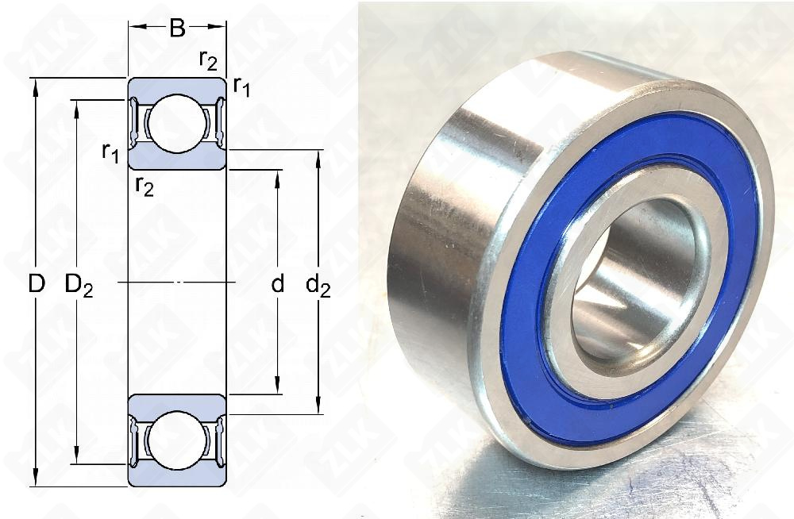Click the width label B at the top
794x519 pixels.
click(178, 29)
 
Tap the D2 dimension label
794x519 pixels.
click(79, 285)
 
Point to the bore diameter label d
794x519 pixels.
click(277, 283)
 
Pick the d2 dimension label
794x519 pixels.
click(318, 285)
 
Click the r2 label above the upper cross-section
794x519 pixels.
click(208, 61)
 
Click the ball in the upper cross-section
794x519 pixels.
click(178, 124)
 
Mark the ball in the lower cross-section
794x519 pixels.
click(178, 440)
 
